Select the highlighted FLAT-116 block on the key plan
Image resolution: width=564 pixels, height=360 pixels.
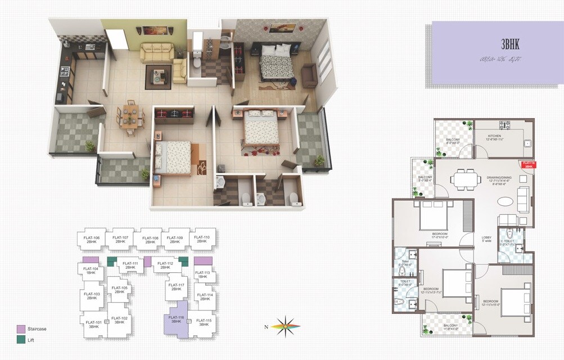tap(176, 319)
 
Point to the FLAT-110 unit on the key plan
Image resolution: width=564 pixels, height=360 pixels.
tap(202, 240)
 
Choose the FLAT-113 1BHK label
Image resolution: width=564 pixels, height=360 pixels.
tap(203, 274)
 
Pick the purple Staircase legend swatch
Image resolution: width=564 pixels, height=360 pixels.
tap(21, 328)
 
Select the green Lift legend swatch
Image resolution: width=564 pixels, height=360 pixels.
tap(21, 340)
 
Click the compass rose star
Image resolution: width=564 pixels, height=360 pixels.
tap(287, 325)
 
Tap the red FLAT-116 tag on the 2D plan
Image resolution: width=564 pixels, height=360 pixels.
tap(527, 165)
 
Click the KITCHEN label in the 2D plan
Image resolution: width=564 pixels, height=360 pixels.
tap(494, 137)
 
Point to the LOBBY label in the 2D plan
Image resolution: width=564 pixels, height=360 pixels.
tap(486, 238)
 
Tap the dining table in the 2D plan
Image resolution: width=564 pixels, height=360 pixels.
tap(463, 179)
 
